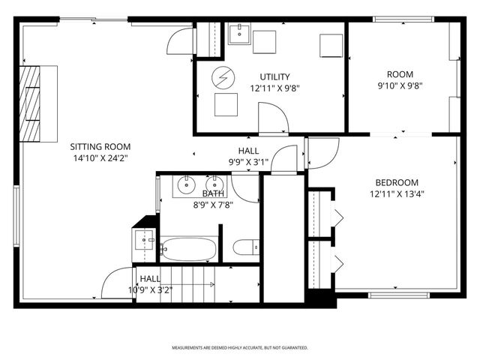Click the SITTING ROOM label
point(100,147)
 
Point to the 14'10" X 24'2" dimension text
point(100,158)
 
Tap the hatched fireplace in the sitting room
point(31,103)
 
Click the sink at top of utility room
point(238,34)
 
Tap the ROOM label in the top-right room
point(400,73)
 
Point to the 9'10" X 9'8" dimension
point(400,85)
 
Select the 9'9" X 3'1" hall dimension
point(248,162)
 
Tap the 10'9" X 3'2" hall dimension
point(150,289)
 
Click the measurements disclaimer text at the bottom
point(240,348)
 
